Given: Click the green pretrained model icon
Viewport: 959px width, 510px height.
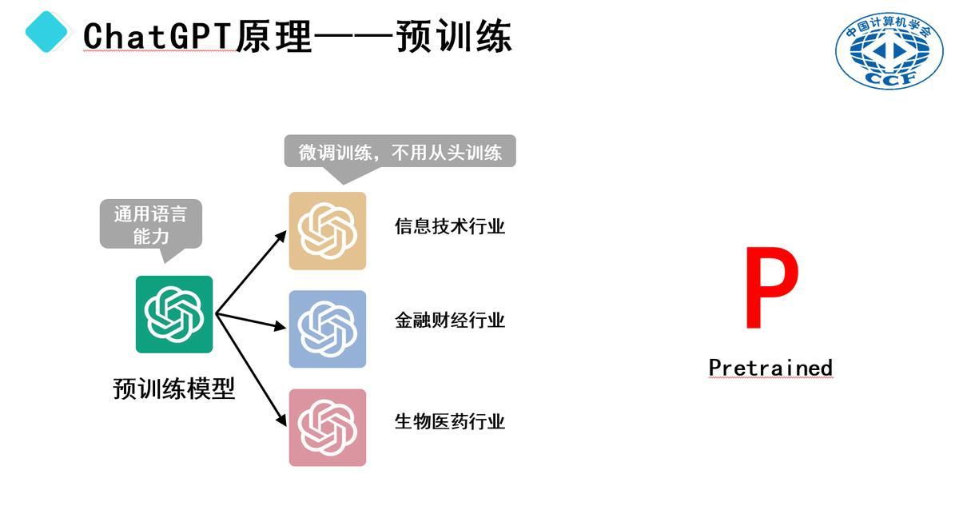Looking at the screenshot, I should [174, 314].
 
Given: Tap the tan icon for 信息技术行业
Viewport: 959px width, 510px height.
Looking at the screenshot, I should [328, 231].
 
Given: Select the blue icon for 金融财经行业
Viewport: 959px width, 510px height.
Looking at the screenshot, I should [328, 329].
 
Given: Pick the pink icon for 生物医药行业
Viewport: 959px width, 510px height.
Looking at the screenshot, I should [328, 428].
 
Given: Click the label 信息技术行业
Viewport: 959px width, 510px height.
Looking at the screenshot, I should [450, 226].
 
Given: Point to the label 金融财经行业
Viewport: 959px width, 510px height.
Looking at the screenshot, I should [450, 321].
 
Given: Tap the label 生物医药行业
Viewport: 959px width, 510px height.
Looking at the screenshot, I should [450, 421].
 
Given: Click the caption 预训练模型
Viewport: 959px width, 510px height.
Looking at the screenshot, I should [174, 389].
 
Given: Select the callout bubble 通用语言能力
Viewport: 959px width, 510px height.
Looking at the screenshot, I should [150, 225].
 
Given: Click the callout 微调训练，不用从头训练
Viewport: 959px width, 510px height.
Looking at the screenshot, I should [400, 152].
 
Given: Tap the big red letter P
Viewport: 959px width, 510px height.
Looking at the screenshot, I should [770, 289].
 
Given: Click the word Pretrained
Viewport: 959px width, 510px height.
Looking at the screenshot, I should [770, 368].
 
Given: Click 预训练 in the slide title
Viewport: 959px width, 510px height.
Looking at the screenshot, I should [454, 36].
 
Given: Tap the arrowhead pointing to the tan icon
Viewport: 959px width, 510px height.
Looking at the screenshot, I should [281, 233].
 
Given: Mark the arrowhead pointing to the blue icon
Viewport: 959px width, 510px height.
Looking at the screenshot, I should [280, 327].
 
